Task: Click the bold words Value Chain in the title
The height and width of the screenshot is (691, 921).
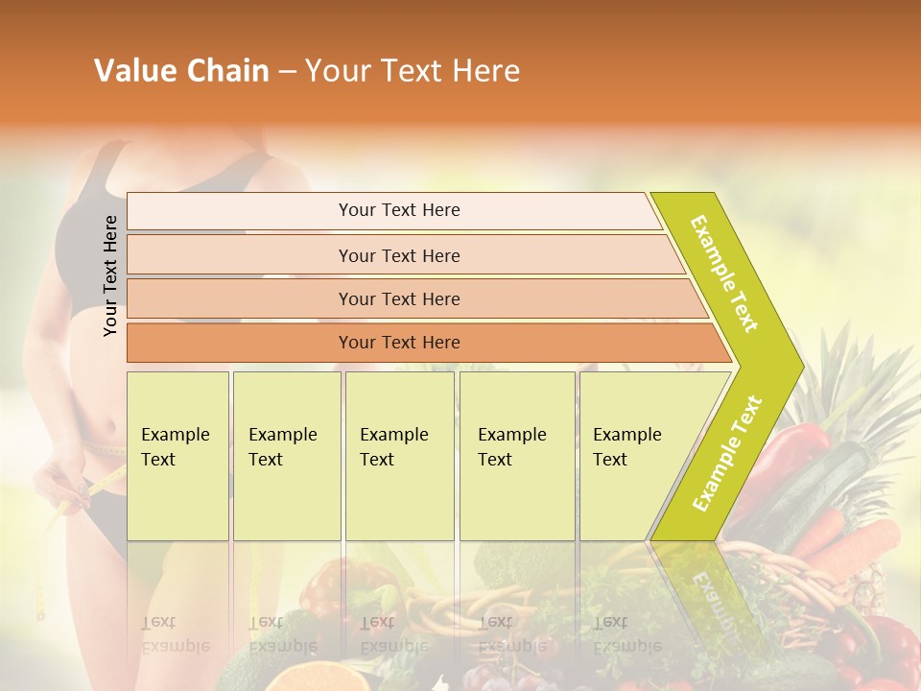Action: pos(181,71)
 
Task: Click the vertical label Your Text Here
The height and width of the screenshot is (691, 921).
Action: pos(110,275)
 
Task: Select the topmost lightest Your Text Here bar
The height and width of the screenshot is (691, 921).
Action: pos(398,210)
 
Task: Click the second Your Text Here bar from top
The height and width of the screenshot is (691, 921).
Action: pos(398,255)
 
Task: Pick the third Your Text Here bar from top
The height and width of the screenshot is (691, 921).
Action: pos(398,298)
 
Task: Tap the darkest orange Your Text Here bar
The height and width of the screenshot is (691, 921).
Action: pos(398,343)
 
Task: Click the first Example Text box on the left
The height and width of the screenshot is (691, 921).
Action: pos(177,456)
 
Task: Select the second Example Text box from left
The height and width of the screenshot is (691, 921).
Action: pos(286,456)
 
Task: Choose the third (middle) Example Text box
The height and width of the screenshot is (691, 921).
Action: pos(399,456)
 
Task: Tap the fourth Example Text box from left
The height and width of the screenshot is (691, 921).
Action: pos(516,456)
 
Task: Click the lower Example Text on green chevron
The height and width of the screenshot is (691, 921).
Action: pos(726,454)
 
